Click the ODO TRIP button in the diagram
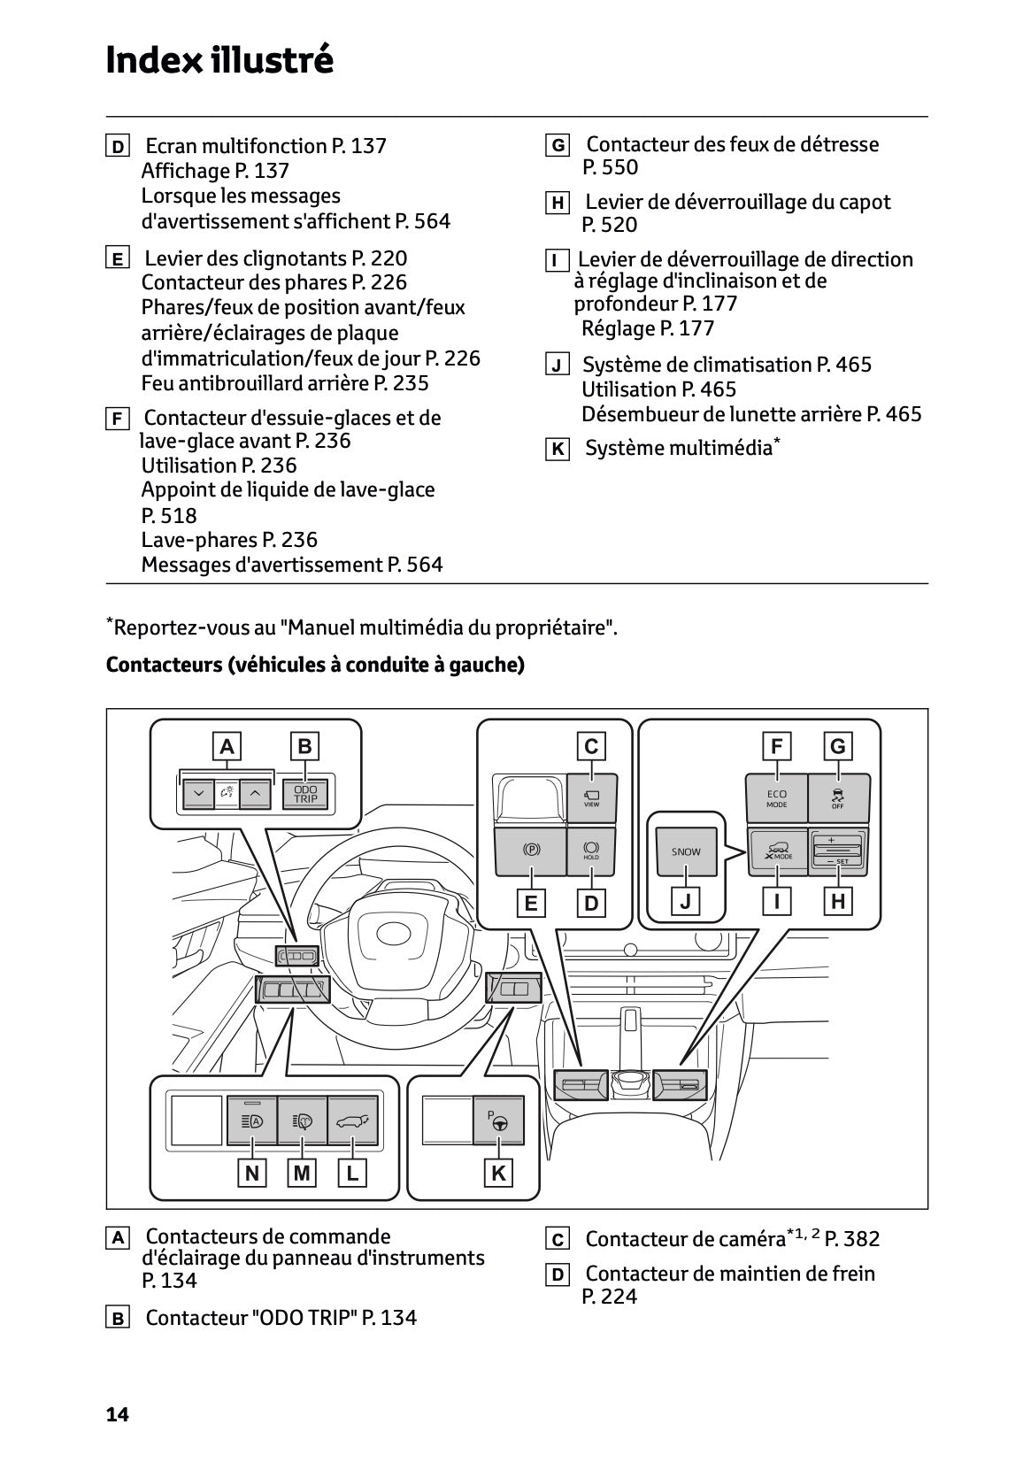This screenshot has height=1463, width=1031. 305,794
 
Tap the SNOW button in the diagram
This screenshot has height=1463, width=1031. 686,851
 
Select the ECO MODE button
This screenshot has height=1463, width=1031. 777,797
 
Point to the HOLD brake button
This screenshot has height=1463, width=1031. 591,851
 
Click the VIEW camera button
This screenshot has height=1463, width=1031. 591,797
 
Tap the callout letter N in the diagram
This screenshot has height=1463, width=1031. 252,1174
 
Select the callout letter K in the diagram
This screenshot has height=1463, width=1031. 498,1174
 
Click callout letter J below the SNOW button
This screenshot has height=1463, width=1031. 686,903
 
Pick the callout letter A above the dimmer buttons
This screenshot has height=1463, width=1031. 227,746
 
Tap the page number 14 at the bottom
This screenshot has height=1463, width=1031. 117,1414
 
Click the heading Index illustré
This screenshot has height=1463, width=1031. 219,60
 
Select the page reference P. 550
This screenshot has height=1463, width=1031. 610,167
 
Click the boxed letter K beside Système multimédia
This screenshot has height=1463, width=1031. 557,450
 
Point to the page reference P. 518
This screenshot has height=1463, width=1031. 169,515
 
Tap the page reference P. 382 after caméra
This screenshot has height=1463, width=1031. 851,1239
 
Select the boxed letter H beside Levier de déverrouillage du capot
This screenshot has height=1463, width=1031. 557,204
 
